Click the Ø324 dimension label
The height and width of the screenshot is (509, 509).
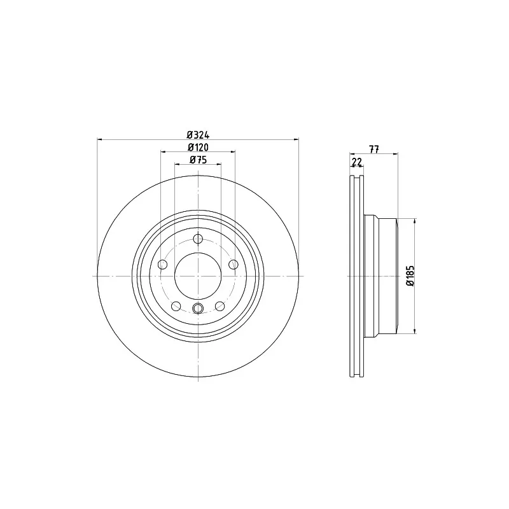[x=198, y=134]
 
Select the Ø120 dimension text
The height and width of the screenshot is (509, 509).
[x=198, y=148]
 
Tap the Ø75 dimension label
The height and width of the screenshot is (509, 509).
[x=198, y=160]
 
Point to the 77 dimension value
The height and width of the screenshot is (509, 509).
[x=374, y=150]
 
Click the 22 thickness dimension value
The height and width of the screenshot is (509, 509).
[x=357, y=162]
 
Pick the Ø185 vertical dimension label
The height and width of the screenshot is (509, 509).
[x=410, y=276]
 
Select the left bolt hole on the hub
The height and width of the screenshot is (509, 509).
[x=163, y=265]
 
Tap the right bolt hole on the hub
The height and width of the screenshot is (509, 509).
[x=234, y=265]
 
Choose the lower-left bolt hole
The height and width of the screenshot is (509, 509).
[x=176, y=306]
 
